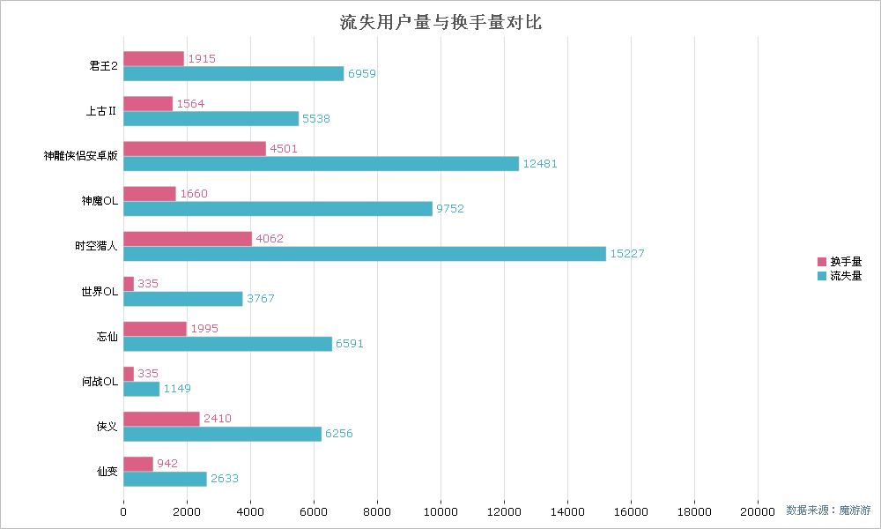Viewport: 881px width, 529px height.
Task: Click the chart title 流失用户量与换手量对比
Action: [x=440, y=22]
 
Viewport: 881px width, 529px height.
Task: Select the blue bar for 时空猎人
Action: [x=365, y=254]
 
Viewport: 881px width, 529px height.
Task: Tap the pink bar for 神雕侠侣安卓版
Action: [x=195, y=149]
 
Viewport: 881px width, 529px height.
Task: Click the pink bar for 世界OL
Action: [x=129, y=284]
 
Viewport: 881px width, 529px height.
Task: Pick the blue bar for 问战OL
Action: [x=141, y=389]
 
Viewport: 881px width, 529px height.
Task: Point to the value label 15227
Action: [x=628, y=254]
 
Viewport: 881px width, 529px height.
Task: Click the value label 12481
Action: [x=540, y=164]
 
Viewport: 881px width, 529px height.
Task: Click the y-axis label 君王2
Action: [x=103, y=66]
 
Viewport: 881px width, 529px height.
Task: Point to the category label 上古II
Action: [x=101, y=111]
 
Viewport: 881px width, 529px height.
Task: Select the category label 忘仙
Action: [x=107, y=336]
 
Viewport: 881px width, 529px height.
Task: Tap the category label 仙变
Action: [x=107, y=471]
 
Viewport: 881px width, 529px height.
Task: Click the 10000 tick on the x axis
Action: [x=440, y=510]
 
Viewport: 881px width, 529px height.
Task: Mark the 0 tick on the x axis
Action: [x=123, y=510]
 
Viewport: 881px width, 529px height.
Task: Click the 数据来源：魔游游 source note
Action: [x=828, y=510]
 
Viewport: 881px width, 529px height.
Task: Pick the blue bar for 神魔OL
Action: [x=278, y=209]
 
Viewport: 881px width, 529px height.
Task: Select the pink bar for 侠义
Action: [x=161, y=419]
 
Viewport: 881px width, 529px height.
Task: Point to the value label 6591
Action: [x=350, y=344]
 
